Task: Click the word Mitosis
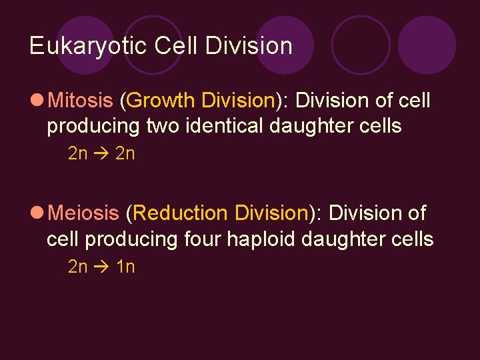[x=81, y=101]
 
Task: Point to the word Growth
[x=159, y=101]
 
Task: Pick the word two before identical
[x=163, y=125]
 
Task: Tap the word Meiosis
[x=83, y=213]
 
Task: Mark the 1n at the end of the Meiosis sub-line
[x=125, y=267]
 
